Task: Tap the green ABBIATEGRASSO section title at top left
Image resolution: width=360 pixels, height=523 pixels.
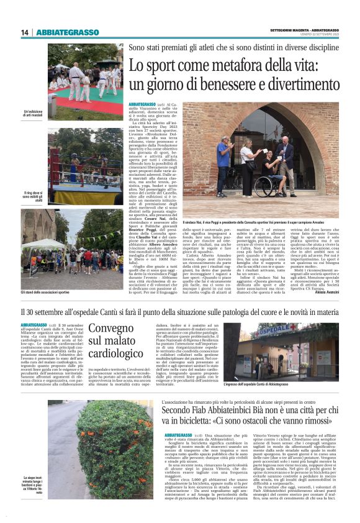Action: (68, 32)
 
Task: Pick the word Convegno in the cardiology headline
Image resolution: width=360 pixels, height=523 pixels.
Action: (110, 329)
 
